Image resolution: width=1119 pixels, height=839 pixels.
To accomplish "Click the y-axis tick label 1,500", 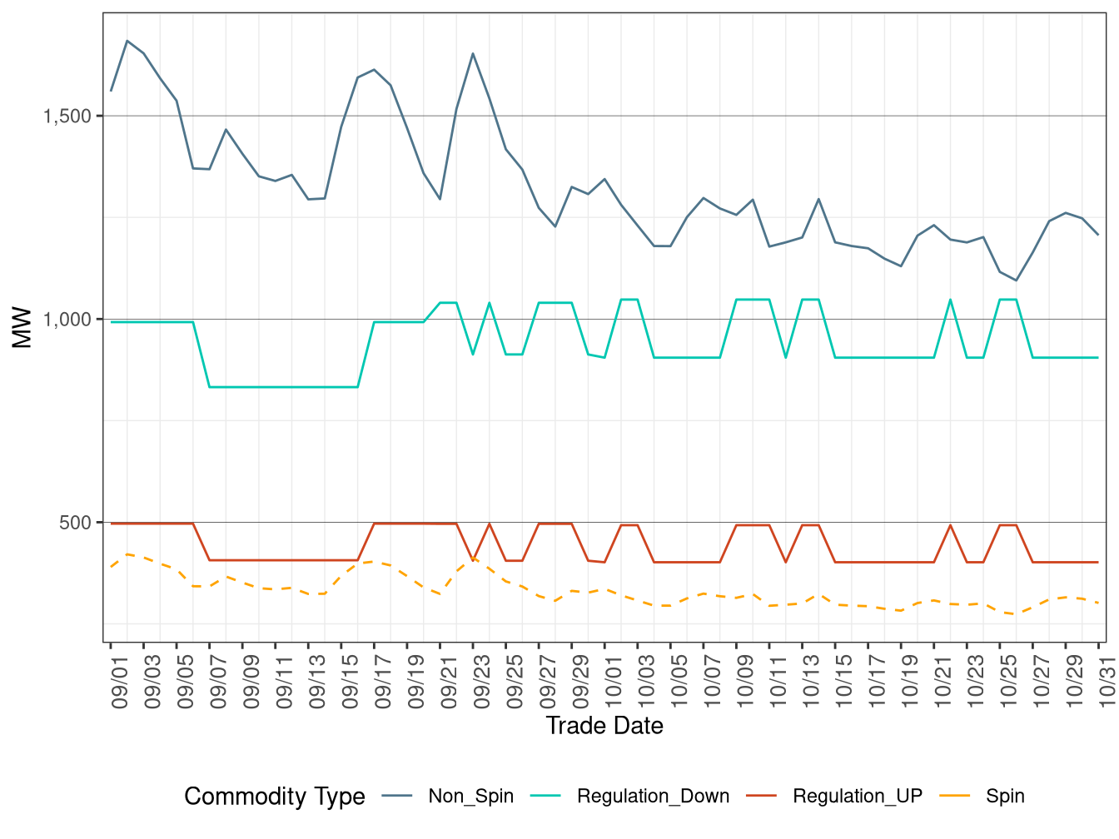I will tap(67, 116).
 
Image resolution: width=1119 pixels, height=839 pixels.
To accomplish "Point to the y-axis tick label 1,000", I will tap(67, 320).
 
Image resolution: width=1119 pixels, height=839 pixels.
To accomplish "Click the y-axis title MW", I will tap(22, 328).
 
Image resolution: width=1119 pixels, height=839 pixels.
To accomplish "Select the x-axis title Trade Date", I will tap(604, 726).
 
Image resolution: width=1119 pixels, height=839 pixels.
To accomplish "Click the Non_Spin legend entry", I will tap(470, 797).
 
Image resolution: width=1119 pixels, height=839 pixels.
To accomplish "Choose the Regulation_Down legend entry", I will tap(653, 797).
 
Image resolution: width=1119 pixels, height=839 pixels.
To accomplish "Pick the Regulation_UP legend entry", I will tap(858, 797).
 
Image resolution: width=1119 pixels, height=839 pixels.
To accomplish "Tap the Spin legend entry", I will tap(1005, 797).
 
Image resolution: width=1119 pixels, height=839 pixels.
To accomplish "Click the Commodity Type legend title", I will tap(275, 797).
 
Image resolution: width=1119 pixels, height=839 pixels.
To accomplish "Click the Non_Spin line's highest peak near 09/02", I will tap(127, 40).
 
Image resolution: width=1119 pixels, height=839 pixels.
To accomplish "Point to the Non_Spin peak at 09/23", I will tap(473, 53).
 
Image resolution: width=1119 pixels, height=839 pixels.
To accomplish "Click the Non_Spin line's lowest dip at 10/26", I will tap(1017, 280).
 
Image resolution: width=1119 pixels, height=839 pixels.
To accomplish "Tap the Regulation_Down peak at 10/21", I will tap(951, 300).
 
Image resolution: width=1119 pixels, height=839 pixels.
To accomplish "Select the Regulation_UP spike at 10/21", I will tap(951, 525).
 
